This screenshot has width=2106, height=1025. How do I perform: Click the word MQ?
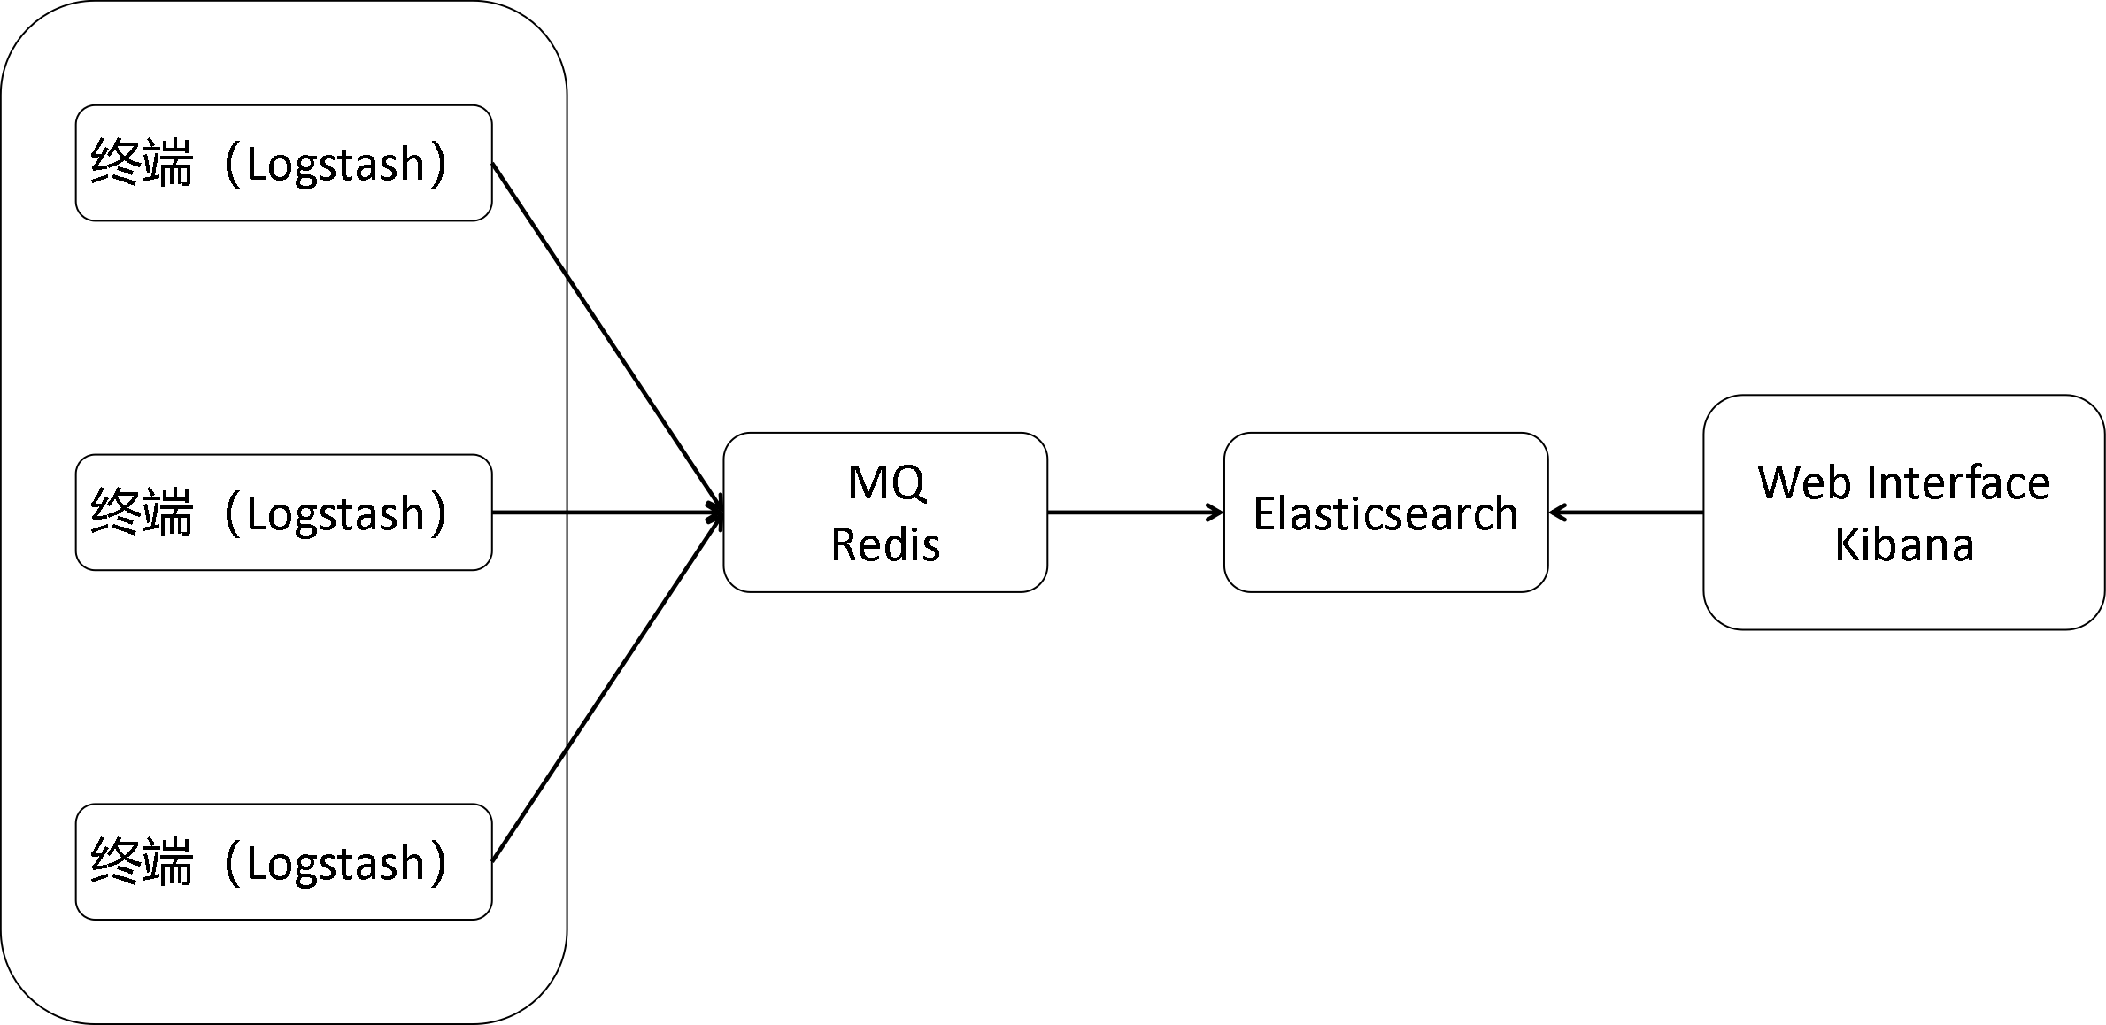coord(886,483)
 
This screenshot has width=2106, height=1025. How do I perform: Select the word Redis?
coord(885,543)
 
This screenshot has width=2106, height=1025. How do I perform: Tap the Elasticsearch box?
coord(1385,513)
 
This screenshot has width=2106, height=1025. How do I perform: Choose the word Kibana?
coord(1904,543)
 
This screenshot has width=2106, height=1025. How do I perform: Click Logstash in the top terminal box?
coord(336,165)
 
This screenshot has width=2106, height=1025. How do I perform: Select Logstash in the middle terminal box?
coord(336,514)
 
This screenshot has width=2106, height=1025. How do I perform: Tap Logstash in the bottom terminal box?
coord(336,864)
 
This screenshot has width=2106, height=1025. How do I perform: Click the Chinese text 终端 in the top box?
coord(142,164)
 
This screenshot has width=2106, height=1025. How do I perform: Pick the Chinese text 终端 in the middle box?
coord(142,513)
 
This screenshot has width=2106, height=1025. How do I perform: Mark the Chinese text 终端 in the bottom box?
coord(142,863)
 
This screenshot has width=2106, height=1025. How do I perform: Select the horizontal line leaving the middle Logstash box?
coord(528,512)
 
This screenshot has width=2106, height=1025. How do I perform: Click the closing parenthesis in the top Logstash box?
coord(438,165)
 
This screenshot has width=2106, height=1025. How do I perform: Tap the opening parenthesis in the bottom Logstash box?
coord(232,864)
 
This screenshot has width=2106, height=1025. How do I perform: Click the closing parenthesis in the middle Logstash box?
coord(438,514)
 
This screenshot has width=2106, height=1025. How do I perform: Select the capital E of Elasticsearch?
coord(1262,513)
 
